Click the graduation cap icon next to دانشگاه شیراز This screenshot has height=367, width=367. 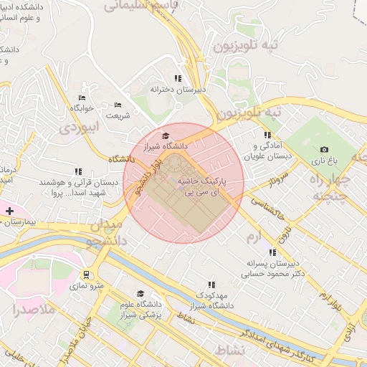click(166, 135)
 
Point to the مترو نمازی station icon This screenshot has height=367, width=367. click(87, 275)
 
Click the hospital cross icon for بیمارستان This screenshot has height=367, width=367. click(9, 211)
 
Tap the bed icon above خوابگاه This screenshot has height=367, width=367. click(82, 97)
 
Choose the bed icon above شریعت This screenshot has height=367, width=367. click(118, 105)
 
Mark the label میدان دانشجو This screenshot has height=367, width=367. click(108, 234)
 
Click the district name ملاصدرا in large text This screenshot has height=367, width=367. click(34, 310)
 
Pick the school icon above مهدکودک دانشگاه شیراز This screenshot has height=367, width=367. click(210, 285)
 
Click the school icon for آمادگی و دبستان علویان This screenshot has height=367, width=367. click(267, 135)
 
